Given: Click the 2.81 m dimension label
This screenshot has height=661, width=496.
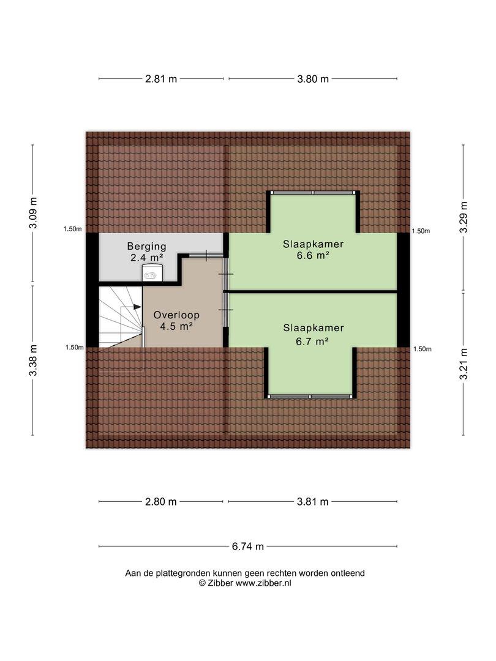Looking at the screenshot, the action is [x=161, y=79].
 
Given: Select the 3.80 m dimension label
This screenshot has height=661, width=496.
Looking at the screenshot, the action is [x=313, y=79].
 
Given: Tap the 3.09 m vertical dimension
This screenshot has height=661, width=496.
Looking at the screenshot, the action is [x=33, y=213].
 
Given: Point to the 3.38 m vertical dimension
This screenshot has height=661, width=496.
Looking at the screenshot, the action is [x=33, y=360].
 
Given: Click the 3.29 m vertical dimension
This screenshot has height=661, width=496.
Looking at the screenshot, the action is [x=464, y=217].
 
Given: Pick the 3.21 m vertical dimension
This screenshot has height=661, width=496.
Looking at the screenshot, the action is [x=464, y=364].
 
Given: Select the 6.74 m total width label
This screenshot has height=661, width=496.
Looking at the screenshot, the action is [x=248, y=547].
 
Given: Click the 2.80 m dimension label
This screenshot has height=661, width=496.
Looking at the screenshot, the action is [x=161, y=502].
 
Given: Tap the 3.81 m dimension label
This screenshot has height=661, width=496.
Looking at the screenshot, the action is [x=313, y=502].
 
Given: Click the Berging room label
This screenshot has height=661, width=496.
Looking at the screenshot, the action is [x=147, y=246].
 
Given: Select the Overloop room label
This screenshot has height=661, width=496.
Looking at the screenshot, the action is [x=176, y=315].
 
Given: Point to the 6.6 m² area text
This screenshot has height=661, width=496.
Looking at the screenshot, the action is [x=313, y=255].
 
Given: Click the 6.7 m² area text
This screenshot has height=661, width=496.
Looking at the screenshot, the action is [x=312, y=341].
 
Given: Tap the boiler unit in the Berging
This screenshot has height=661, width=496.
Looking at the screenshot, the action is [x=152, y=272].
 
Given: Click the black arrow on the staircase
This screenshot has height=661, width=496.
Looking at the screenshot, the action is [x=138, y=307].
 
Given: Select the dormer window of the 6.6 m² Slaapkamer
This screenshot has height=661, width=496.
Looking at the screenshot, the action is [x=313, y=193].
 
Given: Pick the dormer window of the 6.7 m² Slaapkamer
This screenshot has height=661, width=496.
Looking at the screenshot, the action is [x=310, y=397].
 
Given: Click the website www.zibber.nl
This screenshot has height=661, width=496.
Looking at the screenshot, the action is [x=263, y=583].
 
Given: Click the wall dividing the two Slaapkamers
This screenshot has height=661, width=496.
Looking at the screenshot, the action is [x=310, y=291].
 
